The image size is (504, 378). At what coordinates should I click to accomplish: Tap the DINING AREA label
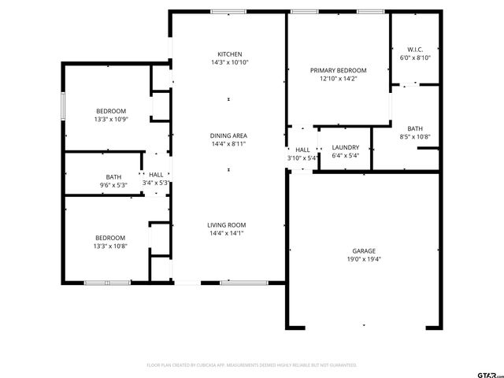[228, 135]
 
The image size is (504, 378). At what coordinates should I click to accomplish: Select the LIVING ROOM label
[227, 224]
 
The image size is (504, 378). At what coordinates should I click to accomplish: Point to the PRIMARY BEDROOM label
[338, 70]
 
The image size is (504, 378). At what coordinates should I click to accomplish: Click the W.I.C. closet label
[414, 49]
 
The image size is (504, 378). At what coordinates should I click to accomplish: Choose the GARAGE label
[363, 250]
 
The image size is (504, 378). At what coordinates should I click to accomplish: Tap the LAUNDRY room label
[345, 147]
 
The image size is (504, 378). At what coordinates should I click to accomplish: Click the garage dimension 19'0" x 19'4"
[363, 259]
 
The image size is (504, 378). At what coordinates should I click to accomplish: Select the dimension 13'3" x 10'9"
[110, 120]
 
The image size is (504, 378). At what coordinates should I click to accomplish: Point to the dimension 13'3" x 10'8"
[110, 246]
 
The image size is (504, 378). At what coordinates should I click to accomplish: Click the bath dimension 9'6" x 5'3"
[114, 185]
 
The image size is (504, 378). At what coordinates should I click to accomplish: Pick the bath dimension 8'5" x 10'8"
[414, 137]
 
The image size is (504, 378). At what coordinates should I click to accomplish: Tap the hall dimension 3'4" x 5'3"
[156, 183]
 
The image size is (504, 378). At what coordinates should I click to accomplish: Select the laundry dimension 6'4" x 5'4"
[345, 156]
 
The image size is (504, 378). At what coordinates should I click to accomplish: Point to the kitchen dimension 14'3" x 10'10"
[229, 62]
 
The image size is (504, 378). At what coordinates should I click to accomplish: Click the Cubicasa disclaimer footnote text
[252, 365]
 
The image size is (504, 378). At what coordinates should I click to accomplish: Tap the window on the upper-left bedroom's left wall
[63, 106]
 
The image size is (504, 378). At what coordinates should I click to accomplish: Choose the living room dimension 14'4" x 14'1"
[227, 233]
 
